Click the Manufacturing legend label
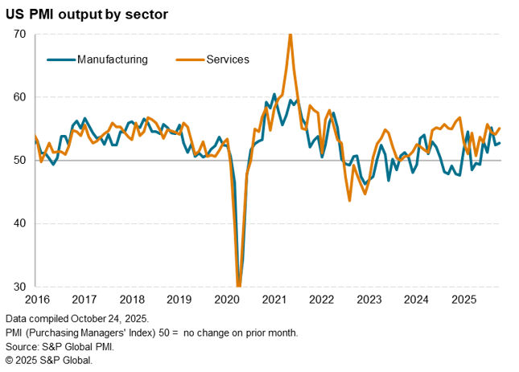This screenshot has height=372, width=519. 112,59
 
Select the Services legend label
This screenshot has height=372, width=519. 228,59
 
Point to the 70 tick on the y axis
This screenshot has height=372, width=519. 20,35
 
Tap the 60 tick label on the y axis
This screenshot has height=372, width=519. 20,97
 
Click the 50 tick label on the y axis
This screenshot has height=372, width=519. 20,161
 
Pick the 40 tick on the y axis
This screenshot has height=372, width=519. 20,223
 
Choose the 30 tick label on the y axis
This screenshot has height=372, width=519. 20,287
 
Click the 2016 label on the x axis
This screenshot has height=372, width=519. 36,299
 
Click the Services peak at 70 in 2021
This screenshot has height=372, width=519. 290,35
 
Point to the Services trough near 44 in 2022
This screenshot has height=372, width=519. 349,200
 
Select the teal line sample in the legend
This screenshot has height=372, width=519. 60,59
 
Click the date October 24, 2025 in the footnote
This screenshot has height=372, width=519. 111,319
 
